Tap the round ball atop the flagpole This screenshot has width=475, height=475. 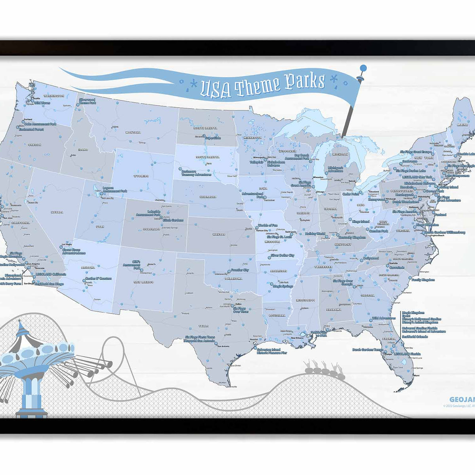coord(363,68)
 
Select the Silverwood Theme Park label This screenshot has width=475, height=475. coord(87,101)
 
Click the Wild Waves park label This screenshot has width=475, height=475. coord(42,103)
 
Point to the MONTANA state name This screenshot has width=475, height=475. coord(133,132)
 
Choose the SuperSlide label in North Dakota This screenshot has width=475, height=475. coord(213,138)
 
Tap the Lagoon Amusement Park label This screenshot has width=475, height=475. coord(115,190)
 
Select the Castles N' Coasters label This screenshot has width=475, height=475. coord(99,279)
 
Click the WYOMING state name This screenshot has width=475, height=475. coord(141,176)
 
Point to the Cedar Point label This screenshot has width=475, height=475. coord(350,194)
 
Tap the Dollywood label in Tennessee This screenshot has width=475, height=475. coord(371,258)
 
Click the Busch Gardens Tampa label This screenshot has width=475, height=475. coord(368,350)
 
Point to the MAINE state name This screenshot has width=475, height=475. coord(462,124)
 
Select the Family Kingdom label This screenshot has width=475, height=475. coord(423,280)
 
